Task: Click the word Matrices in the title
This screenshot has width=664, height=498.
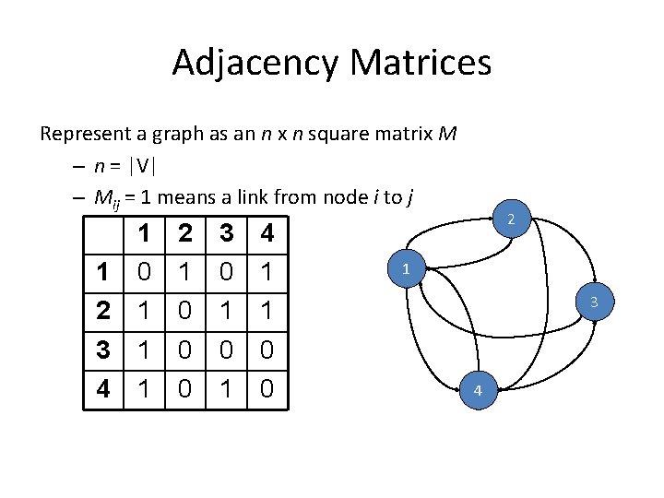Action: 422,63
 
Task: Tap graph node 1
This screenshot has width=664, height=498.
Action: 406,269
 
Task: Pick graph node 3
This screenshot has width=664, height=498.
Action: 594,302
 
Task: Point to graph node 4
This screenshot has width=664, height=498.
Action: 478,391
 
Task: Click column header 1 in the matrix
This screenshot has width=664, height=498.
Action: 144,234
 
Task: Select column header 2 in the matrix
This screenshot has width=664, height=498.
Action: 185,234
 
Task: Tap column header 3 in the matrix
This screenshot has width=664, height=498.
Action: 226,234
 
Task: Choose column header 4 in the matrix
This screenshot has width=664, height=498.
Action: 267,234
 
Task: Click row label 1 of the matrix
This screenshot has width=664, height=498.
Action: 103,272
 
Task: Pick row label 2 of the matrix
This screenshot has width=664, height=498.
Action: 103,311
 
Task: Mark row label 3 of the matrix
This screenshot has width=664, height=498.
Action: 103,350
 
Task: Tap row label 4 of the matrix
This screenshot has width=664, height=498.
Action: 103,388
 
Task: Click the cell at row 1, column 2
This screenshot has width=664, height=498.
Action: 185,272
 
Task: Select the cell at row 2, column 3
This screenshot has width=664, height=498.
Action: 226,311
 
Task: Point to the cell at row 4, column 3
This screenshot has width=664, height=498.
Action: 226,388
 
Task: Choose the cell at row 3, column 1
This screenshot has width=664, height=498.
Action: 144,350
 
